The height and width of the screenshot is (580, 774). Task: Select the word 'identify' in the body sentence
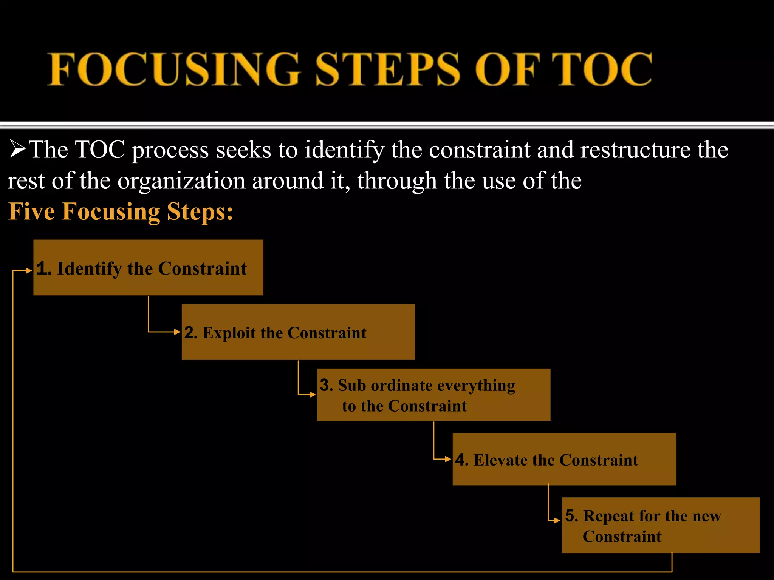pyautogui.click(x=344, y=150)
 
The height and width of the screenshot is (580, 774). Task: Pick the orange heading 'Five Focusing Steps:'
pyautogui.click(x=121, y=211)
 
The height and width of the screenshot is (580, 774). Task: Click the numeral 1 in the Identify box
pyautogui.click(x=42, y=269)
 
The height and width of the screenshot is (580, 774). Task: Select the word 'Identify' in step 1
pyautogui.click(x=89, y=269)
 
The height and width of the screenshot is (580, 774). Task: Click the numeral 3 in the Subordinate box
pyautogui.click(x=325, y=385)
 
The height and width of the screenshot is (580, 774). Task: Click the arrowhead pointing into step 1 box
pyautogui.click(x=29, y=270)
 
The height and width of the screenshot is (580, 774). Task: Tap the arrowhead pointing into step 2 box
pyautogui.click(x=177, y=332)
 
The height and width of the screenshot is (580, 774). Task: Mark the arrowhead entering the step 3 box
pyautogui.click(x=313, y=395)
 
